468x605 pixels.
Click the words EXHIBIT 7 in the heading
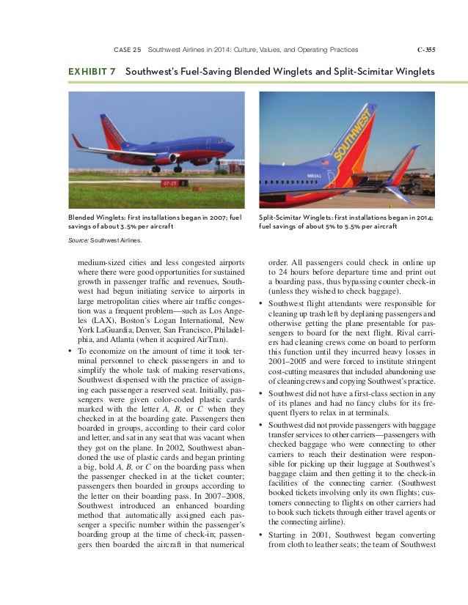(94, 72)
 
